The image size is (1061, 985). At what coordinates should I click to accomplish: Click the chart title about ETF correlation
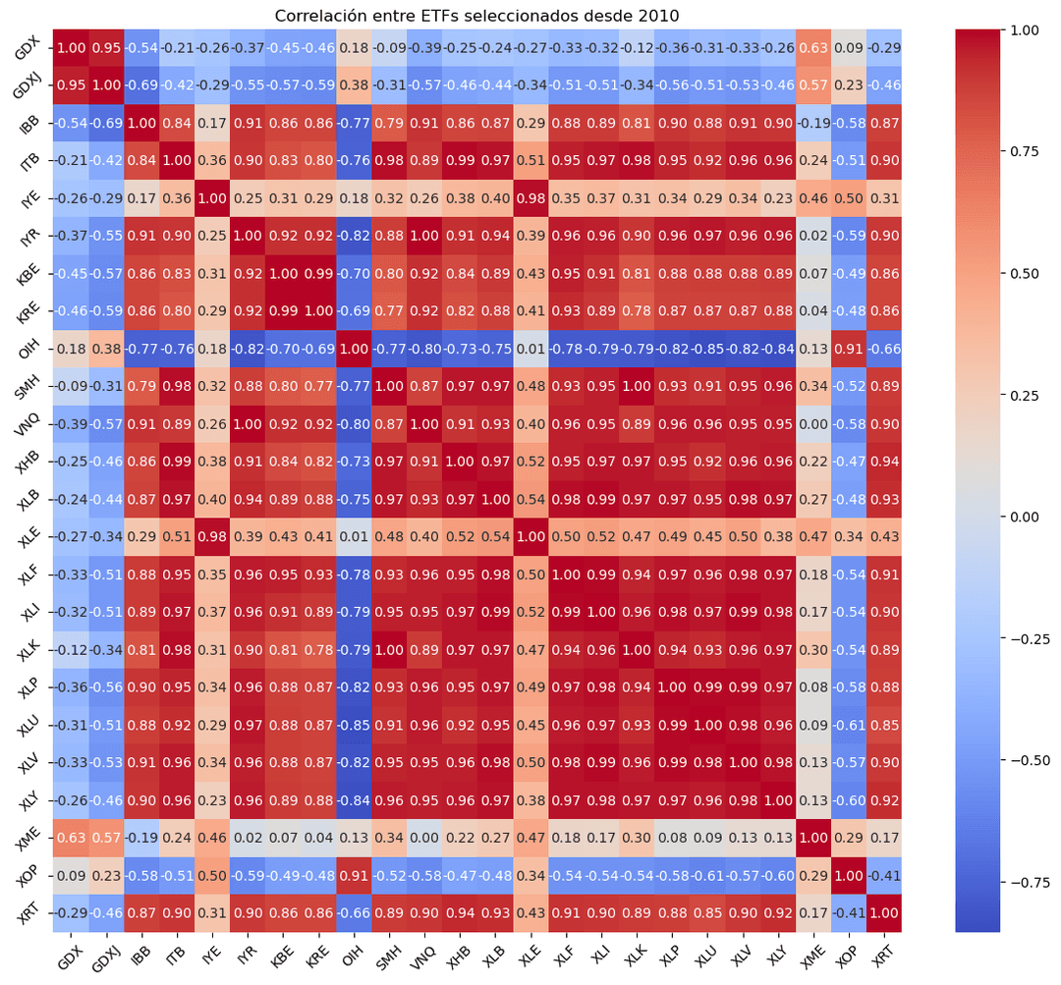pyautogui.click(x=476, y=15)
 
